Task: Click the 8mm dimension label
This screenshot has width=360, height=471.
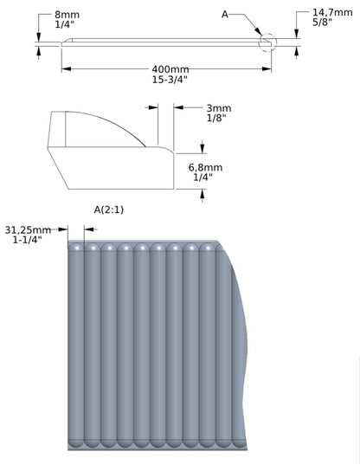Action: point(67,15)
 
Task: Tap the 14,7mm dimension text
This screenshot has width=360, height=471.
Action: point(332,12)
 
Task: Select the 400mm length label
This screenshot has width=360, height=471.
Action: point(170,69)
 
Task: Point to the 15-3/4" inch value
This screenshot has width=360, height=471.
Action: point(170,80)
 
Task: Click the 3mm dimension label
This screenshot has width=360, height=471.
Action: point(219,108)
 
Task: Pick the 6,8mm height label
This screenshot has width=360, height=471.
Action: point(205,167)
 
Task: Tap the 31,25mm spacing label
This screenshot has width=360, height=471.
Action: point(28,230)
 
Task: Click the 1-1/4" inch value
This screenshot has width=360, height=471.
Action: point(28,240)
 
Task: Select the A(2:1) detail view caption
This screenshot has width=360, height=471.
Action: point(109,210)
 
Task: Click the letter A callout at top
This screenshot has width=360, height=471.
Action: point(225,14)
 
